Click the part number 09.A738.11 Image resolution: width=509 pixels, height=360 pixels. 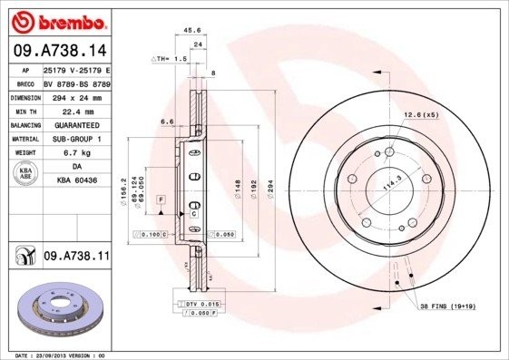point(76,258)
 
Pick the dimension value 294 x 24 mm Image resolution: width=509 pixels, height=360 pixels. point(76,96)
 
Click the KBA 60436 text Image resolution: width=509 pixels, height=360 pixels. point(76,181)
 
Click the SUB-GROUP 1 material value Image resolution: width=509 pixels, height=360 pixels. point(76,139)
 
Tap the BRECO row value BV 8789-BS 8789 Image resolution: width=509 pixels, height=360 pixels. point(76,82)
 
